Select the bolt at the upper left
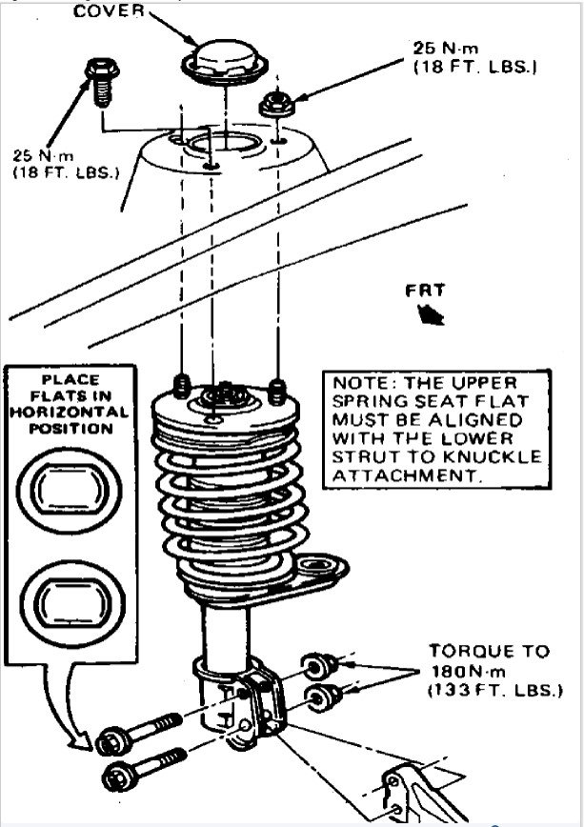pos(99,81)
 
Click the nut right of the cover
pos(276,103)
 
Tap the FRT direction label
pos(424,292)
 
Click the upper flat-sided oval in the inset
pos(67,487)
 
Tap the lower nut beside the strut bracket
pos(321,695)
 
